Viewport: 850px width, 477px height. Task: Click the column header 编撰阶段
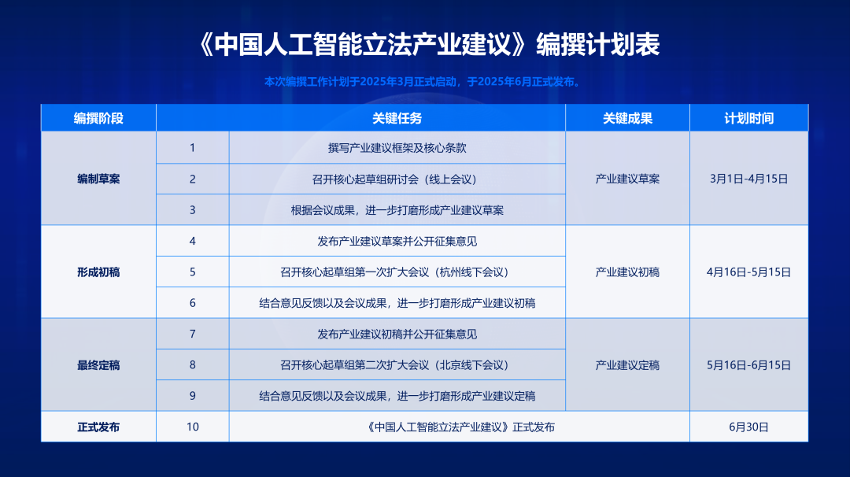tap(98, 118)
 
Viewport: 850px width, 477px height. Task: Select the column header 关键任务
tap(397, 118)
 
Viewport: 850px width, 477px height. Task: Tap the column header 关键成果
tap(627, 118)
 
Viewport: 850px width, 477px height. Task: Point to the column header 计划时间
tap(748, 118)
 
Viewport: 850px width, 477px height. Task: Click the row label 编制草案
tap(98, 179)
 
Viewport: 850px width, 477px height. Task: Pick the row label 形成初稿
tap(98, 272)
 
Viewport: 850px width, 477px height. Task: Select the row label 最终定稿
tap(98, 365)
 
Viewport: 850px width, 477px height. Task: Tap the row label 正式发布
tap(98, 427)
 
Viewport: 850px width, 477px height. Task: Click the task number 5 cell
tap(193, 272)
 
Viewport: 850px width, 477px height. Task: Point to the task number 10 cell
tap(193, 427)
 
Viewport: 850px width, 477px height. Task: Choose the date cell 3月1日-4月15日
tap(748, 179)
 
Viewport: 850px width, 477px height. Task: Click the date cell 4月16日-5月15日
tap(748, 272)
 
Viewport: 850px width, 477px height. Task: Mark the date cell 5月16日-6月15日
tap(748, 365)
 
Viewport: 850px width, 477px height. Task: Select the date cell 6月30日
tap(748, 427)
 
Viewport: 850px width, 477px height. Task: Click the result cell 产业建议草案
tap(627, 179)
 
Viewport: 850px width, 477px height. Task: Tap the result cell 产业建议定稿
tap(627, 365)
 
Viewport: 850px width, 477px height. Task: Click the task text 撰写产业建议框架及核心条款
tap(397, 148)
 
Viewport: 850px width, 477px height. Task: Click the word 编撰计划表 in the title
tap(598, 44)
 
